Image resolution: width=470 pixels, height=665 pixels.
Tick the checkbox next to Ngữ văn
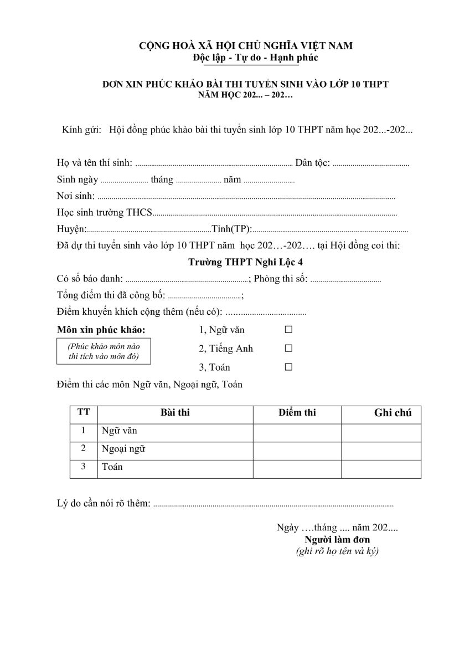tap(288, 330)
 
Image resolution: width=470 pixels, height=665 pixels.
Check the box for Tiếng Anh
tap(288, 349)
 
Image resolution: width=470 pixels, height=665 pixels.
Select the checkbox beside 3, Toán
tap(288, 367)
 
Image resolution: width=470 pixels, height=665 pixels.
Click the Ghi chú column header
tap(392, 413)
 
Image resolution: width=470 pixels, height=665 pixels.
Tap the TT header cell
tap(84, 413)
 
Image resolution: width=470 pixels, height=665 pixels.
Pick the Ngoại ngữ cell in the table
tap(123, 449)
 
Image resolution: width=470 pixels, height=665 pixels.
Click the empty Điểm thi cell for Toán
tap(297, 467)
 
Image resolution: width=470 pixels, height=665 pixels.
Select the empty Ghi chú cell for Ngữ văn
tap(381, 431)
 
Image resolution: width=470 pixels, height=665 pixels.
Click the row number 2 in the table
tap(84, 448)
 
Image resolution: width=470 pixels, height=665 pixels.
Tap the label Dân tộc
tap(313, 163)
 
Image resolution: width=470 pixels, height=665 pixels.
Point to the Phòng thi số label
tap(281, 279)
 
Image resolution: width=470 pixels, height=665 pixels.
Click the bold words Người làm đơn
tap(337, 540)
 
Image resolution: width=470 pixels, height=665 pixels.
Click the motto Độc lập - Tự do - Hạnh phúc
tap(255, 58)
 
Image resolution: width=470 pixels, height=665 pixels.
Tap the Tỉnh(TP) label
tap(231, 229)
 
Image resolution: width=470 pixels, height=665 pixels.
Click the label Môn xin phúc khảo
tap(101, 330)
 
